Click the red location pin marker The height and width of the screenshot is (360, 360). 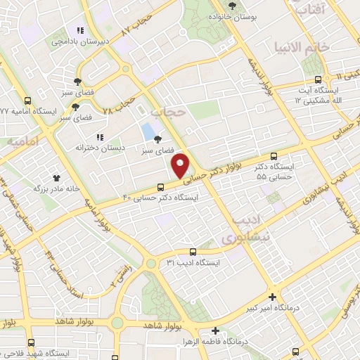coord(181,166)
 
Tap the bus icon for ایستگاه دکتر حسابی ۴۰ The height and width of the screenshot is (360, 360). coord(161,187)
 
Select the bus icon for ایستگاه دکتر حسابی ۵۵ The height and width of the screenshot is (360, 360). coord(274,157)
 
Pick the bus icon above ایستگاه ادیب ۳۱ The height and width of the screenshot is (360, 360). coord(193,252)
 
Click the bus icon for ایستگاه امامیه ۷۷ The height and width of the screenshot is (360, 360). coord(27,101)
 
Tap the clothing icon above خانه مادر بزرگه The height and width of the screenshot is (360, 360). coord(56,177)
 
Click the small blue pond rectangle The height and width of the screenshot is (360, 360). coord(147,131)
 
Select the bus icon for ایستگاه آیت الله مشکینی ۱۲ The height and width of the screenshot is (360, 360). coord(319,79)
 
